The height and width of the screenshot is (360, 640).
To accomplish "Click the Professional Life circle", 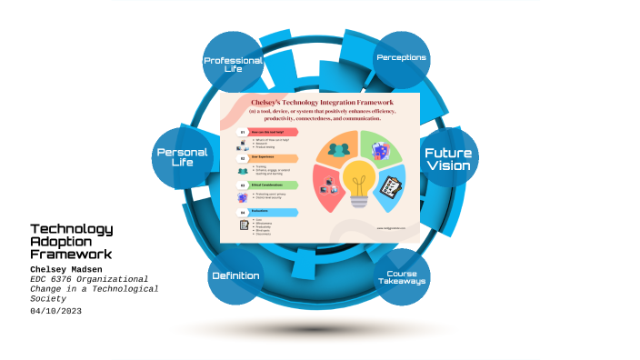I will [x=233, y=63].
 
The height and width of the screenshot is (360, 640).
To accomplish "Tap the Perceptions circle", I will [x=402, y=58].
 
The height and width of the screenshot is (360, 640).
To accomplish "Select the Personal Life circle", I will [x=183, y=156].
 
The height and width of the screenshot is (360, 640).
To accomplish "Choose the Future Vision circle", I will [x=448, y=159].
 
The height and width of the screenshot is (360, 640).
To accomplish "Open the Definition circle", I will [x=235, y=275].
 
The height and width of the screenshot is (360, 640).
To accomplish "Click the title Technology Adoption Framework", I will [x=71, y=241].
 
